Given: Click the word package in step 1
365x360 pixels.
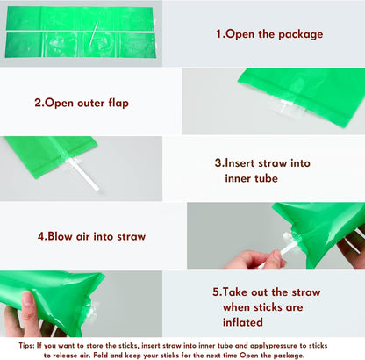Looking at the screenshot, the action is [301, 34].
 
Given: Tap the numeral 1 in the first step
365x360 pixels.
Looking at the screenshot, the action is [218, 33].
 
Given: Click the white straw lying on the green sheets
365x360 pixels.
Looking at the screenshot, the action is [94, 33].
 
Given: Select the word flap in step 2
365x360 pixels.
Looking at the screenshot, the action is [118, 103].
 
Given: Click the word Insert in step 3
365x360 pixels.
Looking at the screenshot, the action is [240, 163].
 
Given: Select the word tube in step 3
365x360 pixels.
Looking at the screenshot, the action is [266, 178].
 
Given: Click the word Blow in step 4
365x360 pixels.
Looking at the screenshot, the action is [60, 236].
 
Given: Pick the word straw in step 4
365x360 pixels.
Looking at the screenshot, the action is [131, 236].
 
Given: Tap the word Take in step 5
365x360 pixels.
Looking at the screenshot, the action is [235, 292].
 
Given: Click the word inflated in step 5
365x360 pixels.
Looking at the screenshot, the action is [243, 322].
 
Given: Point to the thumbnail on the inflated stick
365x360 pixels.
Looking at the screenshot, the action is [27, 299].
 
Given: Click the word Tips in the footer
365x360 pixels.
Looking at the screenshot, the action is [26, 346].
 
